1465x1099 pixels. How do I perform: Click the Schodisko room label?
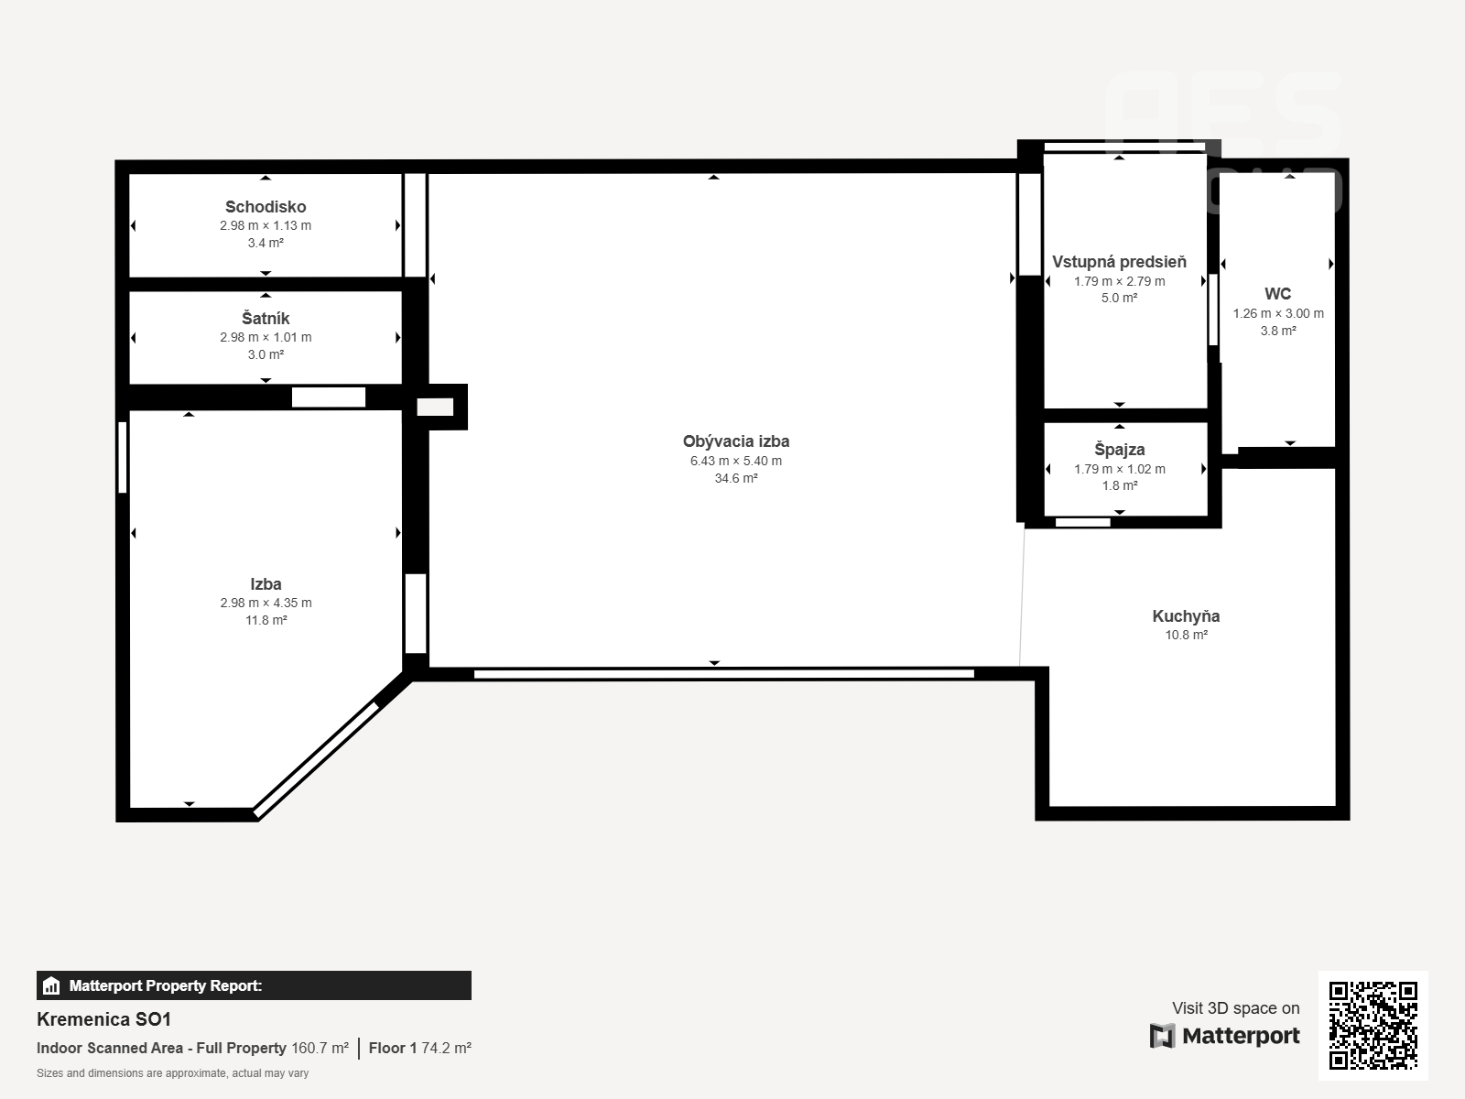266,207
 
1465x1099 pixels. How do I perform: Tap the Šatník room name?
266,319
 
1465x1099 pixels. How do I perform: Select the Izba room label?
266,584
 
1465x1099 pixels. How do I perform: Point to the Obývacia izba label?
736,441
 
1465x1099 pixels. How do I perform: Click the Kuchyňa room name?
1186,615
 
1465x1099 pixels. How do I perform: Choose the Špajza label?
1119,450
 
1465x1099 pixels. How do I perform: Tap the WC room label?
1277,294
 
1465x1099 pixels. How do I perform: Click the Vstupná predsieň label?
1119,262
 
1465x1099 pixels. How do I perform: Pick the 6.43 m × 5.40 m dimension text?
736,461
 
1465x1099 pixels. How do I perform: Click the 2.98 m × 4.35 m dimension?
266,604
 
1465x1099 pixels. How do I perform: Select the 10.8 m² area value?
1186,636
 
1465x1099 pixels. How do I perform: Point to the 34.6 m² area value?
736,478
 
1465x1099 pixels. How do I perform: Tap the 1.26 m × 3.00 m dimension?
1278,313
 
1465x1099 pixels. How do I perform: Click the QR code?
1373,1026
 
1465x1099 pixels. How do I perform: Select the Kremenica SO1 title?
104,1019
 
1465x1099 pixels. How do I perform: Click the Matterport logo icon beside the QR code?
1162,1037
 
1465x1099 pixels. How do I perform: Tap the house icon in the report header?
51,985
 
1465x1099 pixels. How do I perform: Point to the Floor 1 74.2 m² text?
419,1049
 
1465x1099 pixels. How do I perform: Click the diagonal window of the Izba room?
317,759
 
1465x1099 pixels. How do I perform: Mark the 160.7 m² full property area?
320,1049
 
